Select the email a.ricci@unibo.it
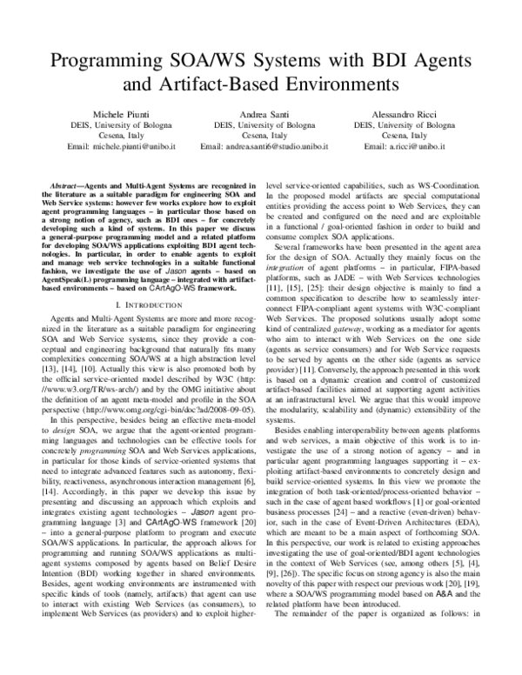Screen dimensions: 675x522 pyautogui.click(x=405, y=148)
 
